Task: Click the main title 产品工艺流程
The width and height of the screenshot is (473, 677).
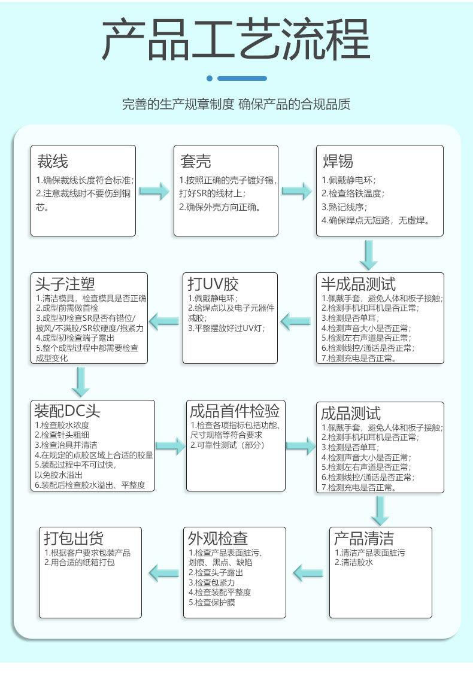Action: pos(236,41)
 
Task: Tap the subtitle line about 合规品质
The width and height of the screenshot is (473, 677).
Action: pos(236,104)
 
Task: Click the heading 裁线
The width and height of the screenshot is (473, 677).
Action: pos(53,161)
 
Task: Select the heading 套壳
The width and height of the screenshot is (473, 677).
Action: pos(196,161)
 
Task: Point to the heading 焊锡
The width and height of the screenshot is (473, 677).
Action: pos(338,161)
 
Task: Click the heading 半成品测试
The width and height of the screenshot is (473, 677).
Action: pos(358,284)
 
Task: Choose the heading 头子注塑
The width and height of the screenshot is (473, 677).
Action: pos(65,284)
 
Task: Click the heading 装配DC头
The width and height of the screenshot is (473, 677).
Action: pos(68,411)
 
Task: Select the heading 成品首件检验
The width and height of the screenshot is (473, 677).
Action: pos(235,411)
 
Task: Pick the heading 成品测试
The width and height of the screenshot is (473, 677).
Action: pos(351,414)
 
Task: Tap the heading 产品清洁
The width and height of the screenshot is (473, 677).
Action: pos(364,538)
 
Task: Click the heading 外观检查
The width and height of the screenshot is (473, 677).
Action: pos(218,538)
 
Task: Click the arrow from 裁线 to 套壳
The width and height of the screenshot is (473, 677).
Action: pos(154,192)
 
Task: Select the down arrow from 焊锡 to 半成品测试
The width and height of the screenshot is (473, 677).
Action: pos(369,255)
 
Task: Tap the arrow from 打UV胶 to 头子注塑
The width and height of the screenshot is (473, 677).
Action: pos(163,321)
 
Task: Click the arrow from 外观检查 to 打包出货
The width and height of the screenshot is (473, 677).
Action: pos(163,572)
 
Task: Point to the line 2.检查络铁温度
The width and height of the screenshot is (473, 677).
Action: pos(353,193)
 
